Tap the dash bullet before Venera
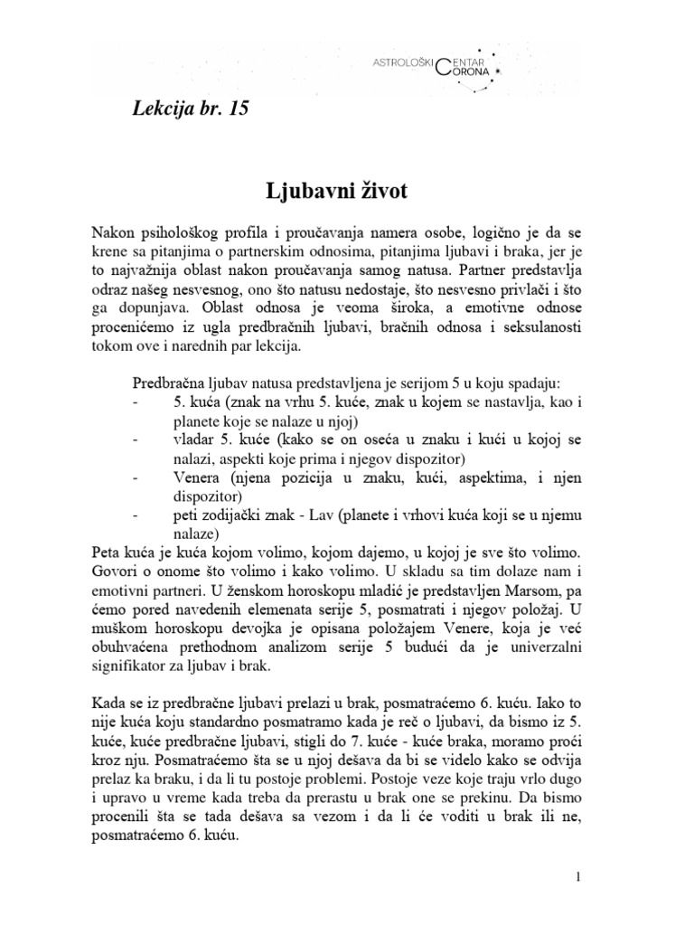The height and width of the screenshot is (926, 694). tap(135, 475)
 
